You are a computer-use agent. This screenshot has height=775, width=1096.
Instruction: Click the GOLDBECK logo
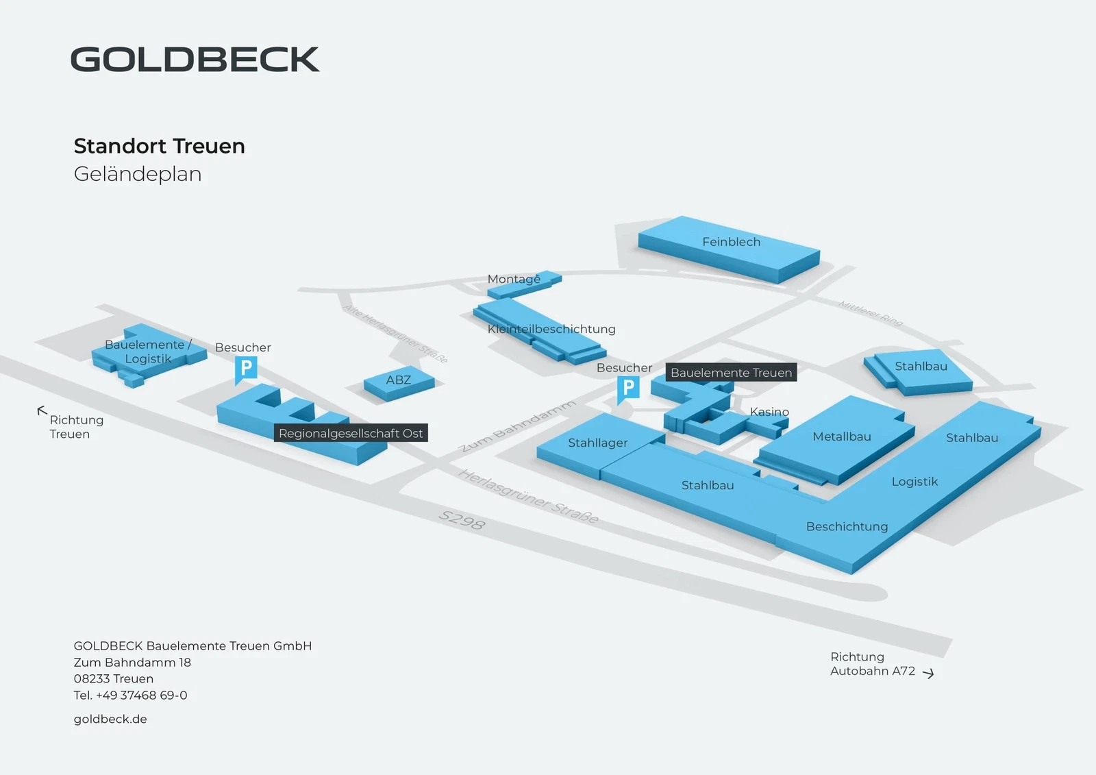click(x=195, y=60)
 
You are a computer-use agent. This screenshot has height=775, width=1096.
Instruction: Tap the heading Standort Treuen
click(x=159, y=146)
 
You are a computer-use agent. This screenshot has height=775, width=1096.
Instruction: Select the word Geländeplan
click(x=138, y=174)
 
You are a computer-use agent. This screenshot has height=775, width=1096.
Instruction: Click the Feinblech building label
click(x=731, y=242)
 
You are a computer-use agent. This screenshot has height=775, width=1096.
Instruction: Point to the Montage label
click(x=514, y=279)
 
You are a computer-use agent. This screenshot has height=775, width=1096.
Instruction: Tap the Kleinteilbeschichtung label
click(x=551, y=329)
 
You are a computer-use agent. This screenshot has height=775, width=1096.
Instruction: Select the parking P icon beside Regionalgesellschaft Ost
click(x=246, y=369)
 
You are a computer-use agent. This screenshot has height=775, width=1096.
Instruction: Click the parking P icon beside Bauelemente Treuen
click(x=628, y=389)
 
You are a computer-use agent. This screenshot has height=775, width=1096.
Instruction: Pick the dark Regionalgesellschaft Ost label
click(x=351, y=433)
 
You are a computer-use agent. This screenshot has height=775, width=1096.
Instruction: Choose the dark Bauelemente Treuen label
click(x=731, y=373)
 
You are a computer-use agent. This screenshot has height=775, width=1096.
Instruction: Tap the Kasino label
click(x=769, y=412)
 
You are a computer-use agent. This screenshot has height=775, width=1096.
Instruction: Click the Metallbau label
click(x=842, y=436)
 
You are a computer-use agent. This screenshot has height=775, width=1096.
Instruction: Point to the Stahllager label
click(x=597, y=443)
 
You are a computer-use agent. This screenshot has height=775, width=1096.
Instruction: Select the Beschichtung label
click(x=847, y=526)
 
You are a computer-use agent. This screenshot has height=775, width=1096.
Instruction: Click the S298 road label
click(x=462, y=521)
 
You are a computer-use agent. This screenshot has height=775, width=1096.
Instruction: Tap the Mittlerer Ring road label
click(x=871, y=313)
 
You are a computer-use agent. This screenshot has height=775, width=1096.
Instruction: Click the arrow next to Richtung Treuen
click(x=42, y=411)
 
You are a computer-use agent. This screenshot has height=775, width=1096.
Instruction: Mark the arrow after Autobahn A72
click(x=928, y=674)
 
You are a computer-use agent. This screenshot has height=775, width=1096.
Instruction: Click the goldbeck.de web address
click(x=110, y=719)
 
